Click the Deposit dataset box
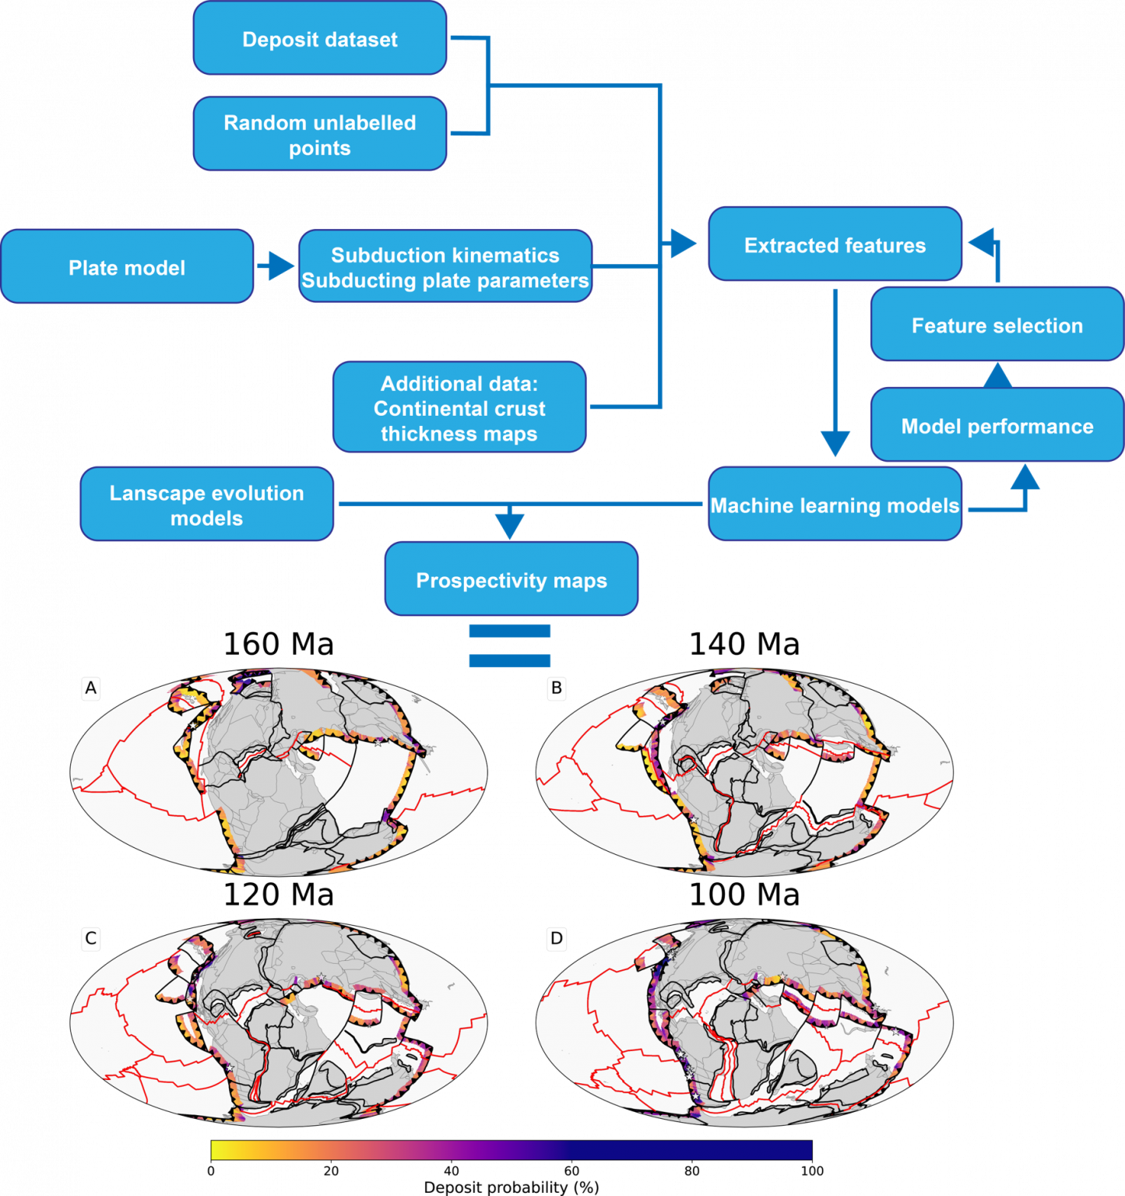[x=320, y=39]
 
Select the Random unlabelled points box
[x=320, y=134]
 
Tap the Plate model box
[x=127, y=267]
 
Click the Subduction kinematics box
[x=445, y=267]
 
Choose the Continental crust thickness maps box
[x=459, y=407]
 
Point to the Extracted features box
[x=835, y=244]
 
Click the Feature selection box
[x=997, y=325]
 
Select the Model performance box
[x=997, y=426]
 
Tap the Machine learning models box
[x=835, y=505]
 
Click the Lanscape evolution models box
[x=207, y=505]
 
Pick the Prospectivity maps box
[x=512, y=580]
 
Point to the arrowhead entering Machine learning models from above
[x=835, y=445]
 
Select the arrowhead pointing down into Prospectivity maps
[x=510, y=526]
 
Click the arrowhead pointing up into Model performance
[x=1025, y=477]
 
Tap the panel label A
[x=91, y=688]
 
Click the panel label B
[x=557, y=688]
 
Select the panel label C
[x=91, y=938]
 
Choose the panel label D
[x=557, y=938]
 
